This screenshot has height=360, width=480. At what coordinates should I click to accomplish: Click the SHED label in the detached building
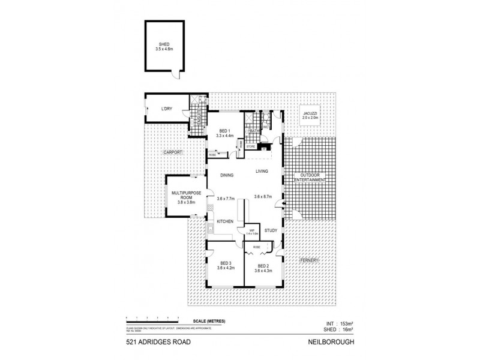point(164,44)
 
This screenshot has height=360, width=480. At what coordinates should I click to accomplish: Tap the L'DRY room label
point(166,109)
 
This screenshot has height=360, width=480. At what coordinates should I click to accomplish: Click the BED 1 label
point(225,131)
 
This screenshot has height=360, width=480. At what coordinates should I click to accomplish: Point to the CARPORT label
point(173,154)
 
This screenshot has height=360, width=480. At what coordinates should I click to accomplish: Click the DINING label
point(226,175)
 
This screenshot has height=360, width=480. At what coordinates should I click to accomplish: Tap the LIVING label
point(262,172)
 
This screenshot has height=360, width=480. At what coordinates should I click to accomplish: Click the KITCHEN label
point(224,221)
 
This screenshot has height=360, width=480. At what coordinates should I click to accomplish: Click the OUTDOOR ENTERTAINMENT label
point(309,178)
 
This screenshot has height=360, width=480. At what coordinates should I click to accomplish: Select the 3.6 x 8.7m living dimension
point(264,197)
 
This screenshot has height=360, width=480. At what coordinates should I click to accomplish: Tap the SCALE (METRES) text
point(208,322)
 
